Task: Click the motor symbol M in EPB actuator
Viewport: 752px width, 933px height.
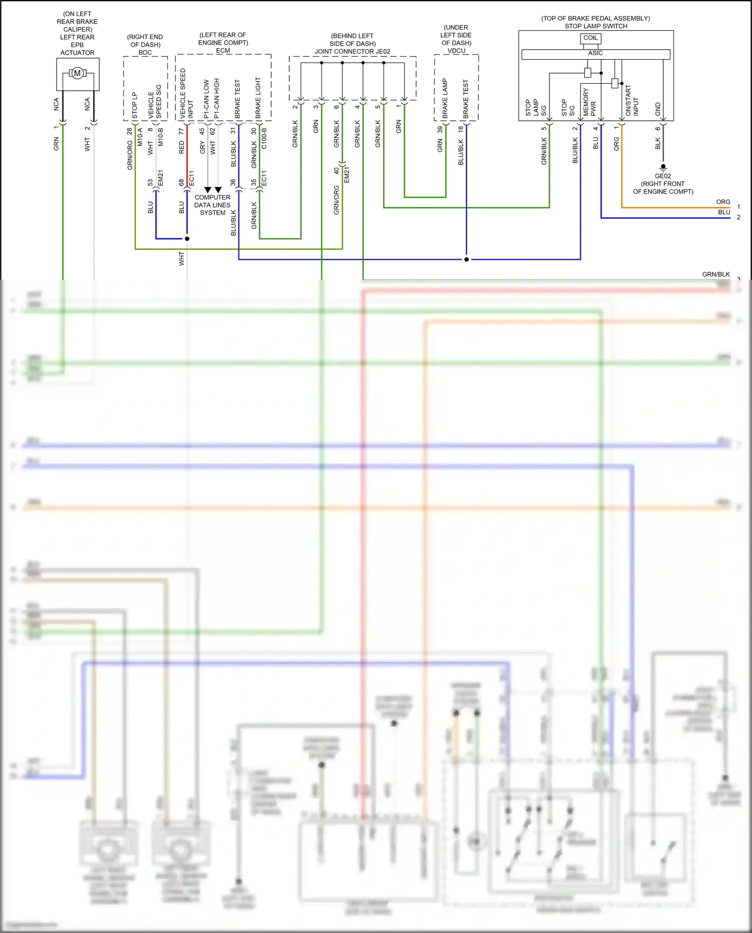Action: click(x=77, y=74)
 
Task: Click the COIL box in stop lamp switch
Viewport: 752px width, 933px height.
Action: click(x=591, y=38)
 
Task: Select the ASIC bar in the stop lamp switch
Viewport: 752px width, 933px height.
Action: click(x=596, y=54)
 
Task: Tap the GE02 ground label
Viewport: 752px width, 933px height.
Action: click(x=662, y=176)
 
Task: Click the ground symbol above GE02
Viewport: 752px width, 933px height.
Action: click(x=663, y=167)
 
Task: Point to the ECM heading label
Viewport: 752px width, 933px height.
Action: click(x=223, y=51)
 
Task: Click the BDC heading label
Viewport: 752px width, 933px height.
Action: click(x=145, y=52)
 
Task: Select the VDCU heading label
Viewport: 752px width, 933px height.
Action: click(x=456, y=51)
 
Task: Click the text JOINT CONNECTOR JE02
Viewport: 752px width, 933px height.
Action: click(x=352, y=51)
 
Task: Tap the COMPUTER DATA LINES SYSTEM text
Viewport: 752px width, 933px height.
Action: click(x=213, y=205)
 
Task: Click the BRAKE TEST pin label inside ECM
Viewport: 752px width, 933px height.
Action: click(x=238, y=99)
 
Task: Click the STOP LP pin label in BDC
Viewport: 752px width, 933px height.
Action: click(x=134, y=105)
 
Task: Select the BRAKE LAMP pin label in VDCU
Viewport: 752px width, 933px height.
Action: click(x=445, y=99)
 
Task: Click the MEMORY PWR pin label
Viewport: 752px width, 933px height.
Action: click(x=590, y=103)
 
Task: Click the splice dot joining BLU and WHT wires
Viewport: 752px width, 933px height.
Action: click(x=187, y=239)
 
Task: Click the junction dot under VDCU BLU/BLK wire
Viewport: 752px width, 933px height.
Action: click(x=466, y=260)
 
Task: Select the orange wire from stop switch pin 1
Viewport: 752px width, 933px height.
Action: click(x=622, y=175)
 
